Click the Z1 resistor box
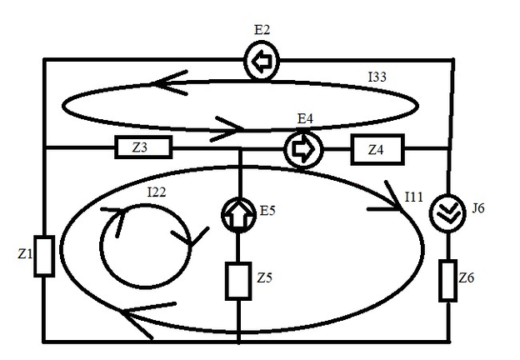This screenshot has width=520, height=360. coord(47,255)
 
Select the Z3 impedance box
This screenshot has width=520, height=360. coord(141,148)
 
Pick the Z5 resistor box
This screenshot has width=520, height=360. coord(238,280)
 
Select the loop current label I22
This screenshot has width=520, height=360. coord(157,192)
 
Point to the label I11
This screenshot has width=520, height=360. coord(413,197)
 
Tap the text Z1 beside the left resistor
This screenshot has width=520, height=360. coord(25,252)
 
